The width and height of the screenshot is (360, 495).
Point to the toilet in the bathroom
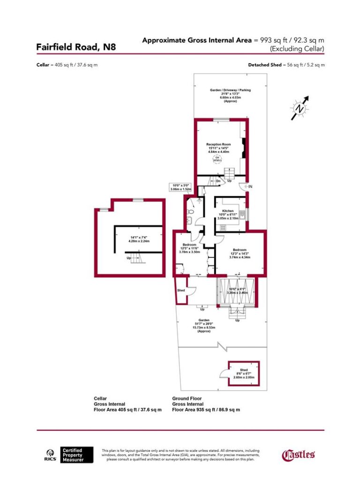pyautogui.click(x=190, y=213)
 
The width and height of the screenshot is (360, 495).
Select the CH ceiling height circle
pyautogui.click(x=217, y=159)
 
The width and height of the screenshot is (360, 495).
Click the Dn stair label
pyautogui.click(x=218, y=180)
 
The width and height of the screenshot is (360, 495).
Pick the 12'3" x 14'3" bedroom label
pyautogui.click(x=240, y=253)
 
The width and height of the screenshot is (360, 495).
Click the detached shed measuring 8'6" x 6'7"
pyautogui.click(x=243, y=373)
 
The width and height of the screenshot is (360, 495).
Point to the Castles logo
pyautogui.click(x=298, y=454)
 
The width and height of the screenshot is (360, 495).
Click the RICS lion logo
pyautogui.click(x=50, y=454)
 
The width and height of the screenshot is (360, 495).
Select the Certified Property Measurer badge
pyautogui.click(x=77, y=455)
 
